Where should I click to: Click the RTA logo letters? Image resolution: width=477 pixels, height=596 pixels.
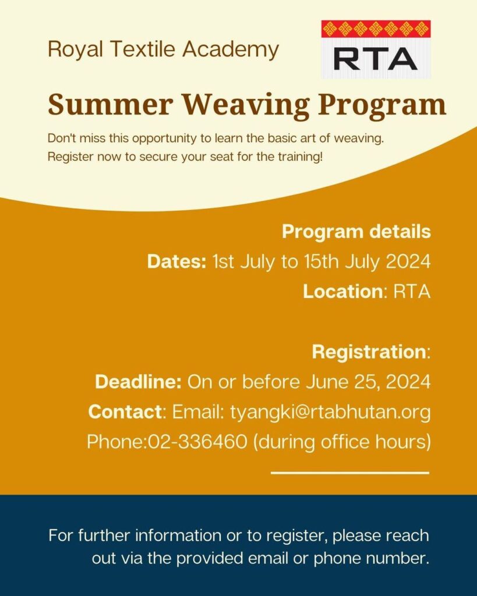[x=376, y=59]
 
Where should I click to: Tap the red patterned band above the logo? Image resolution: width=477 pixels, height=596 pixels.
[x=376, y=29]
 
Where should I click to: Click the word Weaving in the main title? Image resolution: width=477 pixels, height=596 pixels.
[x=246, y=105]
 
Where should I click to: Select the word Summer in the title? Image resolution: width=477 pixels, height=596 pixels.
[x=111, y=105]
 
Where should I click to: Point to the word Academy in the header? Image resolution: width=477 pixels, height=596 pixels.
[x=231, y=50]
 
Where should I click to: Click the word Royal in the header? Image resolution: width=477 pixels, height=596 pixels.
[x=75, y=50]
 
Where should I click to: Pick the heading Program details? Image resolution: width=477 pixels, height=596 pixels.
[x=356, y=232]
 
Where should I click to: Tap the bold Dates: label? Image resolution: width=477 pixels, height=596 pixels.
[x=177, y=261]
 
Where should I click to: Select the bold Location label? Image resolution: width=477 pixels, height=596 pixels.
[x=342, y=292]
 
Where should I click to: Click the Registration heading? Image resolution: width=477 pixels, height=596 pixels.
[x=369, y=352]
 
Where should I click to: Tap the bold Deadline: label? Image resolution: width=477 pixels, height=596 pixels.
[x=139, y=382]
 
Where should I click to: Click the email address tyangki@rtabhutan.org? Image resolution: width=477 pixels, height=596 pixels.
[x=330, y=412]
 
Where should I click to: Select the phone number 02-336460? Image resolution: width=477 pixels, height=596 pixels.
[x=197, y=442]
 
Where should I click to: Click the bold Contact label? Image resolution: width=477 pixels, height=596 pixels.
[x=125, y=411]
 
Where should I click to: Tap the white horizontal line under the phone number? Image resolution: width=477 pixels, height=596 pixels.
[x=350, y=473]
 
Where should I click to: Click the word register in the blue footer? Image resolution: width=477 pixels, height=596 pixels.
[x=295, y=536]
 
